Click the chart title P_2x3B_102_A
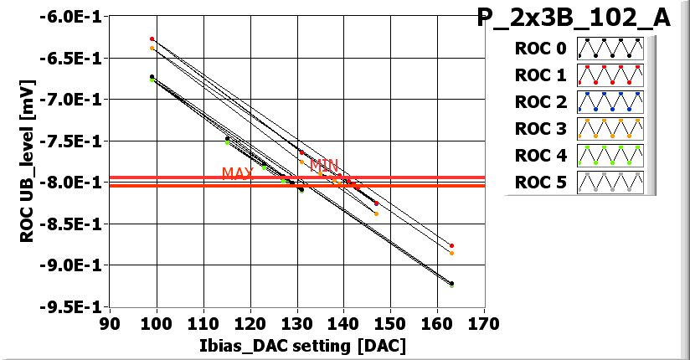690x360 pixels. click(574, 18)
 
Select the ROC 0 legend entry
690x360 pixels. click(539, 49)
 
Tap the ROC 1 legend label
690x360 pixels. click(539, 75)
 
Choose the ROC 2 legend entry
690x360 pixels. click(539, 102)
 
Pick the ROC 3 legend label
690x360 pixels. click(539, 129)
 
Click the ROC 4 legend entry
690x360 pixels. click(539, 156)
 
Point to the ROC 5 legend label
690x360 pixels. click(539, 183)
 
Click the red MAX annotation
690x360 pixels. click(236, 173)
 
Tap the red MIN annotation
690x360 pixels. click(324, 165)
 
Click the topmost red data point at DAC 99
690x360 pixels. click(152, 39)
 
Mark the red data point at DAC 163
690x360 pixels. click(451, 245)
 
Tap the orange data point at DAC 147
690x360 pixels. click(376, 213)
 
